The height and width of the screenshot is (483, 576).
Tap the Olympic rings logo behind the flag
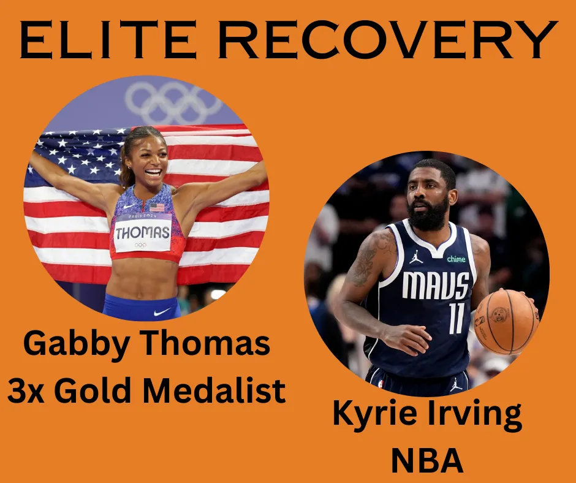coord(173,102)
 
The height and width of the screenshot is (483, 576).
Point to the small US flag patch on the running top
coord(157,207)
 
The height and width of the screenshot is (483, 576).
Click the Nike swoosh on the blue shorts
coord(162,312)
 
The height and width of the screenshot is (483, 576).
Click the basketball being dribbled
coord(506,322)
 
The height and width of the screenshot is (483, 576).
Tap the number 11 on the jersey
coord(457,318)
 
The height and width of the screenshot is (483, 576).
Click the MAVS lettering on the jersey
coord(435,285)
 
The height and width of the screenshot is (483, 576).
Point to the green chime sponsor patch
coord(457,259)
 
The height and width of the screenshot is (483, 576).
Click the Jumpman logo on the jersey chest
coord(416,257)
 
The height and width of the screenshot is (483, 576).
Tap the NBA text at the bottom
coord(427,460)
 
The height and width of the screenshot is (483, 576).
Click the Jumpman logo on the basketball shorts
coord(456,384)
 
